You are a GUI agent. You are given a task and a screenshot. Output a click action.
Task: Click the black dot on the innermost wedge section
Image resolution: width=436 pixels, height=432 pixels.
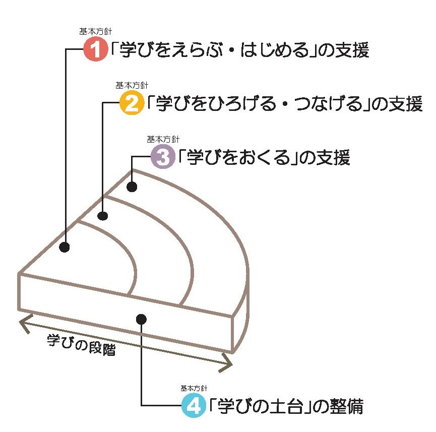[65, 247]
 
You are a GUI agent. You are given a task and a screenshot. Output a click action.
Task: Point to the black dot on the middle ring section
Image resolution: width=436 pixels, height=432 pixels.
[103, 216]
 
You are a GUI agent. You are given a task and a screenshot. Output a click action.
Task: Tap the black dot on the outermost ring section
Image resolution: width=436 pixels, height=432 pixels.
[132, 187]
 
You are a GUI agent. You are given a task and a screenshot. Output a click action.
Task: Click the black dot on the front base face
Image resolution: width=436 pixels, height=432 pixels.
[141, 319]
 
